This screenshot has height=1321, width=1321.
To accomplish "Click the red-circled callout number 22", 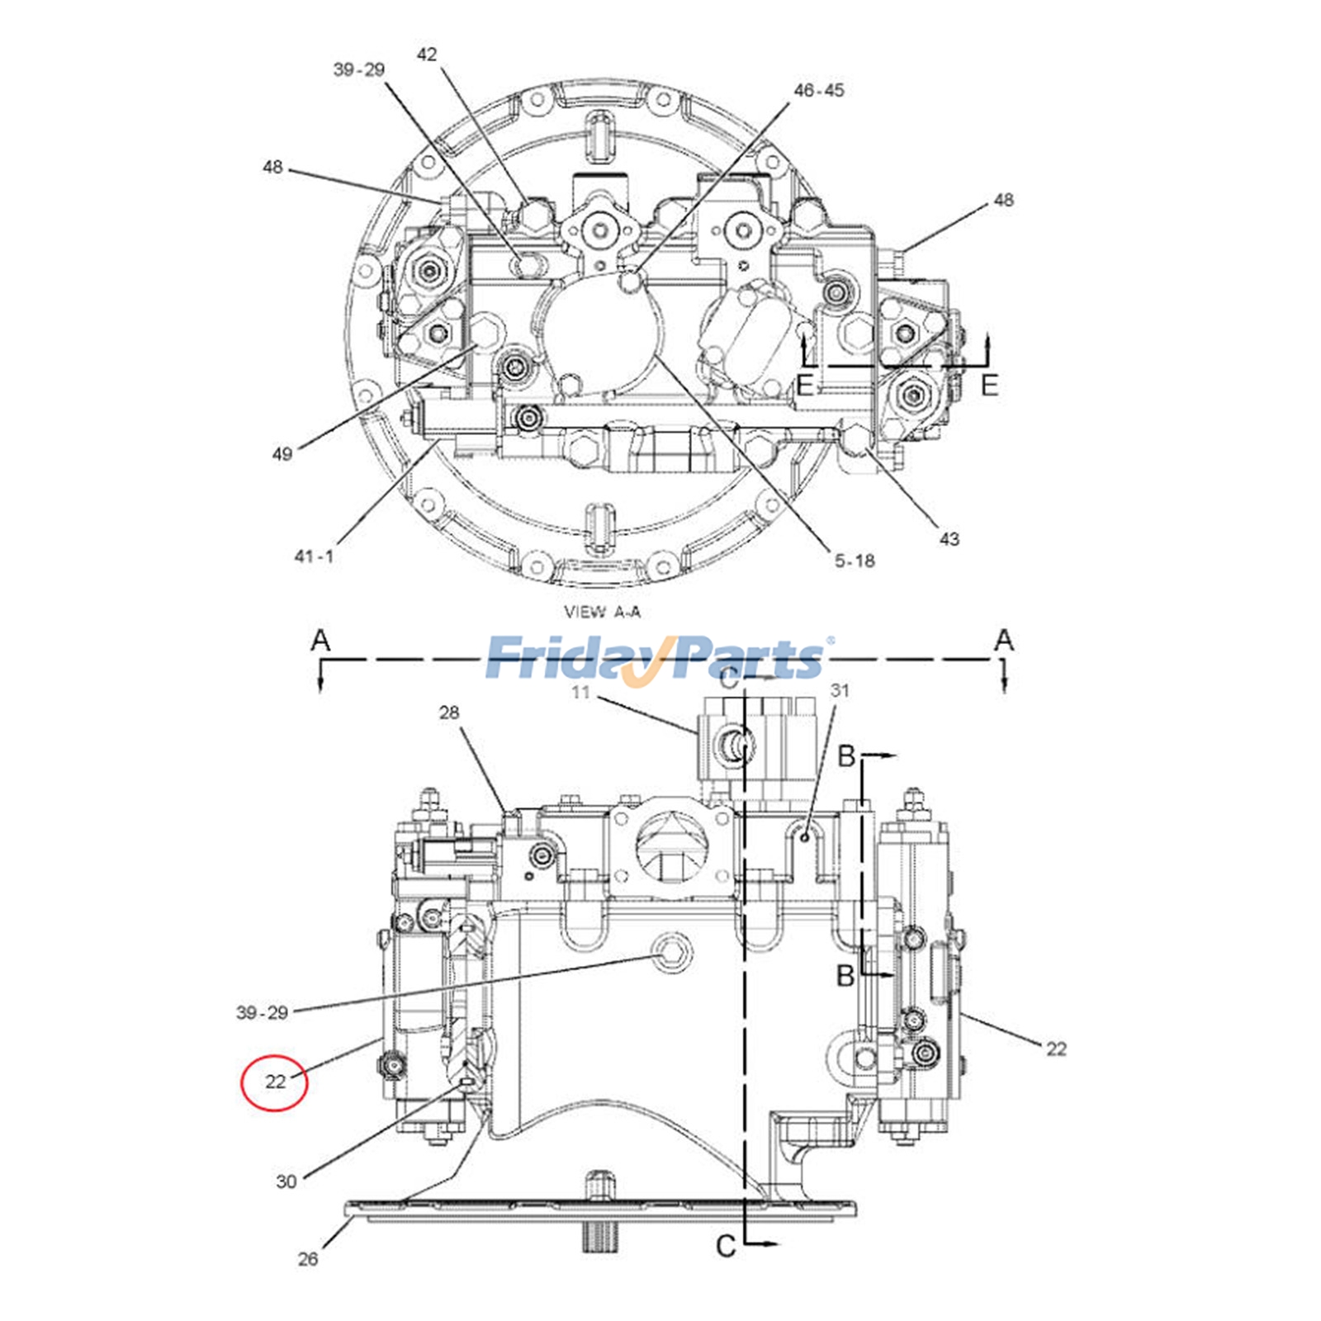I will pyautogui.click(x=275, y=1081).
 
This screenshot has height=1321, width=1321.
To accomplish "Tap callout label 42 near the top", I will pyautogui.click(x=426, y=54).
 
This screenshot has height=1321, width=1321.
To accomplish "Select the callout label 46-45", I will pyautogui.click(x=818, y=90).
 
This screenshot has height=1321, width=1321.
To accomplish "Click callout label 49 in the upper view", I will pyautogui.click(x=282, y=453).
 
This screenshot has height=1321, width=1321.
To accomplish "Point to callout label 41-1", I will pyautogui.click(x=314, y=556).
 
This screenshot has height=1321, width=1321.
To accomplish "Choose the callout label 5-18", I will pyautogui.click(x=854, y=561).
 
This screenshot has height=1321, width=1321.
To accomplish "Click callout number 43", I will pyautogui.click(x=949, y=539).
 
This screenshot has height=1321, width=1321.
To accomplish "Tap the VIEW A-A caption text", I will pyautogui.click(x=602, y=612).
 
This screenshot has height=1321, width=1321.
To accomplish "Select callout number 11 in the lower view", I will pyautogui.click(x=580, y=692).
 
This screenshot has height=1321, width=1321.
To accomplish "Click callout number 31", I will pyautogui.click(x=839, y=690).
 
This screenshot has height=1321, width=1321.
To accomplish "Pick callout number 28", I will pyautogui.click(x=448, y=712).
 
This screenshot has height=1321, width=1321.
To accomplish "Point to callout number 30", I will pyautogui.click(x=286, y=1181).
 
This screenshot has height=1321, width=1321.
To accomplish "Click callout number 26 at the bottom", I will pyautogui.click(x=307, y=1259).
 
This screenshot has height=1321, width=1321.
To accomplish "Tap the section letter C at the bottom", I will pyautogui.click(x=725, y=1247).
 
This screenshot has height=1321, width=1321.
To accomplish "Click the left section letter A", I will pyautogui.click(x=320, y=640).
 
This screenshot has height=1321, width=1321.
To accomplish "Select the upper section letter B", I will pyautogui.click(x=846, y=755).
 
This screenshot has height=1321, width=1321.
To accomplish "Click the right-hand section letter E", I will pyautogui.click(x=989, y=385).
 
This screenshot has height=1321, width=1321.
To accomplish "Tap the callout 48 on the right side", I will pyautogui.click(x=1003, y=200).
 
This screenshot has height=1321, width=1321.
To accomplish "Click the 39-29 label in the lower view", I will pyautogui.click(x=262, y=1012).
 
